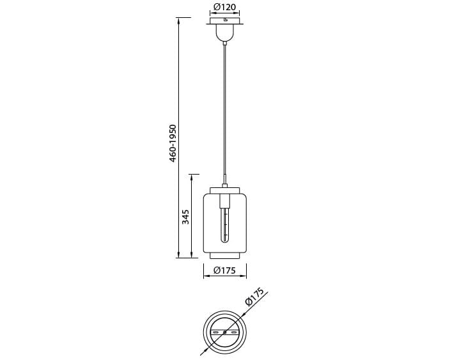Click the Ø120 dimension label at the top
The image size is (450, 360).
pos(225,7)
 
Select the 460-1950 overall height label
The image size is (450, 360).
pos(173,143)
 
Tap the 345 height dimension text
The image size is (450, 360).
pos(185,217)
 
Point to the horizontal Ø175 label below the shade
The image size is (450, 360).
pos(225,270)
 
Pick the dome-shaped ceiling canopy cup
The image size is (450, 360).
pos(225,33)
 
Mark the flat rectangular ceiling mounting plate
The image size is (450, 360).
pos(225,21)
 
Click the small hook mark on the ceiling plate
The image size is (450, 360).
pos(226,20)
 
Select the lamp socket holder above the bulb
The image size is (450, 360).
pos(225,201)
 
